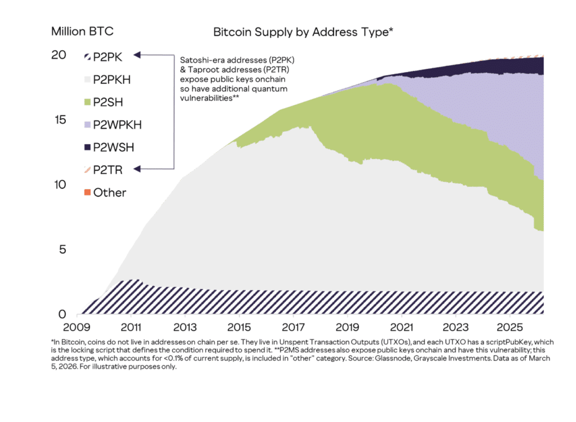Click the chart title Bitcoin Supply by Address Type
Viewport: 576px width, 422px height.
coord(303,32)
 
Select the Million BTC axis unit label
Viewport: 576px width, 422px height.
coord(86,30)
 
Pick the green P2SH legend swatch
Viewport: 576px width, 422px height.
coord(87,102)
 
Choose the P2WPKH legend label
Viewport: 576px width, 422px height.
coord(117,125)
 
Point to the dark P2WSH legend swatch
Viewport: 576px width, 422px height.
coord(87,147)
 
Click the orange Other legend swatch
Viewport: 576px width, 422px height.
coord(87,193)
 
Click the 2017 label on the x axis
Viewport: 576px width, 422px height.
coord(293,327)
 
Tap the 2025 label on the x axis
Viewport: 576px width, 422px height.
coord(509,327)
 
